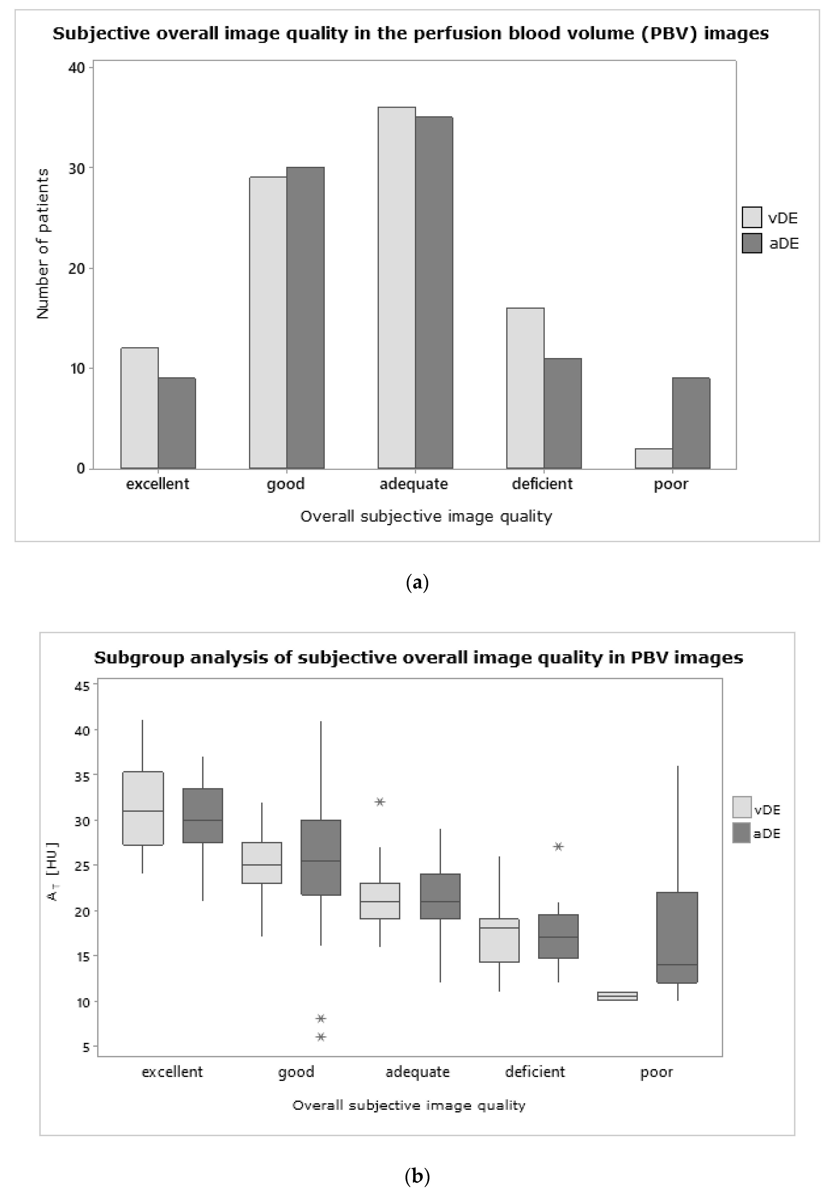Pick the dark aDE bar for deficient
click(563, 414)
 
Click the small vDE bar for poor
click(653, 458)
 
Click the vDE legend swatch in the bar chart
click(751, 217)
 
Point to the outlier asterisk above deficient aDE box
click(558, 846)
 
